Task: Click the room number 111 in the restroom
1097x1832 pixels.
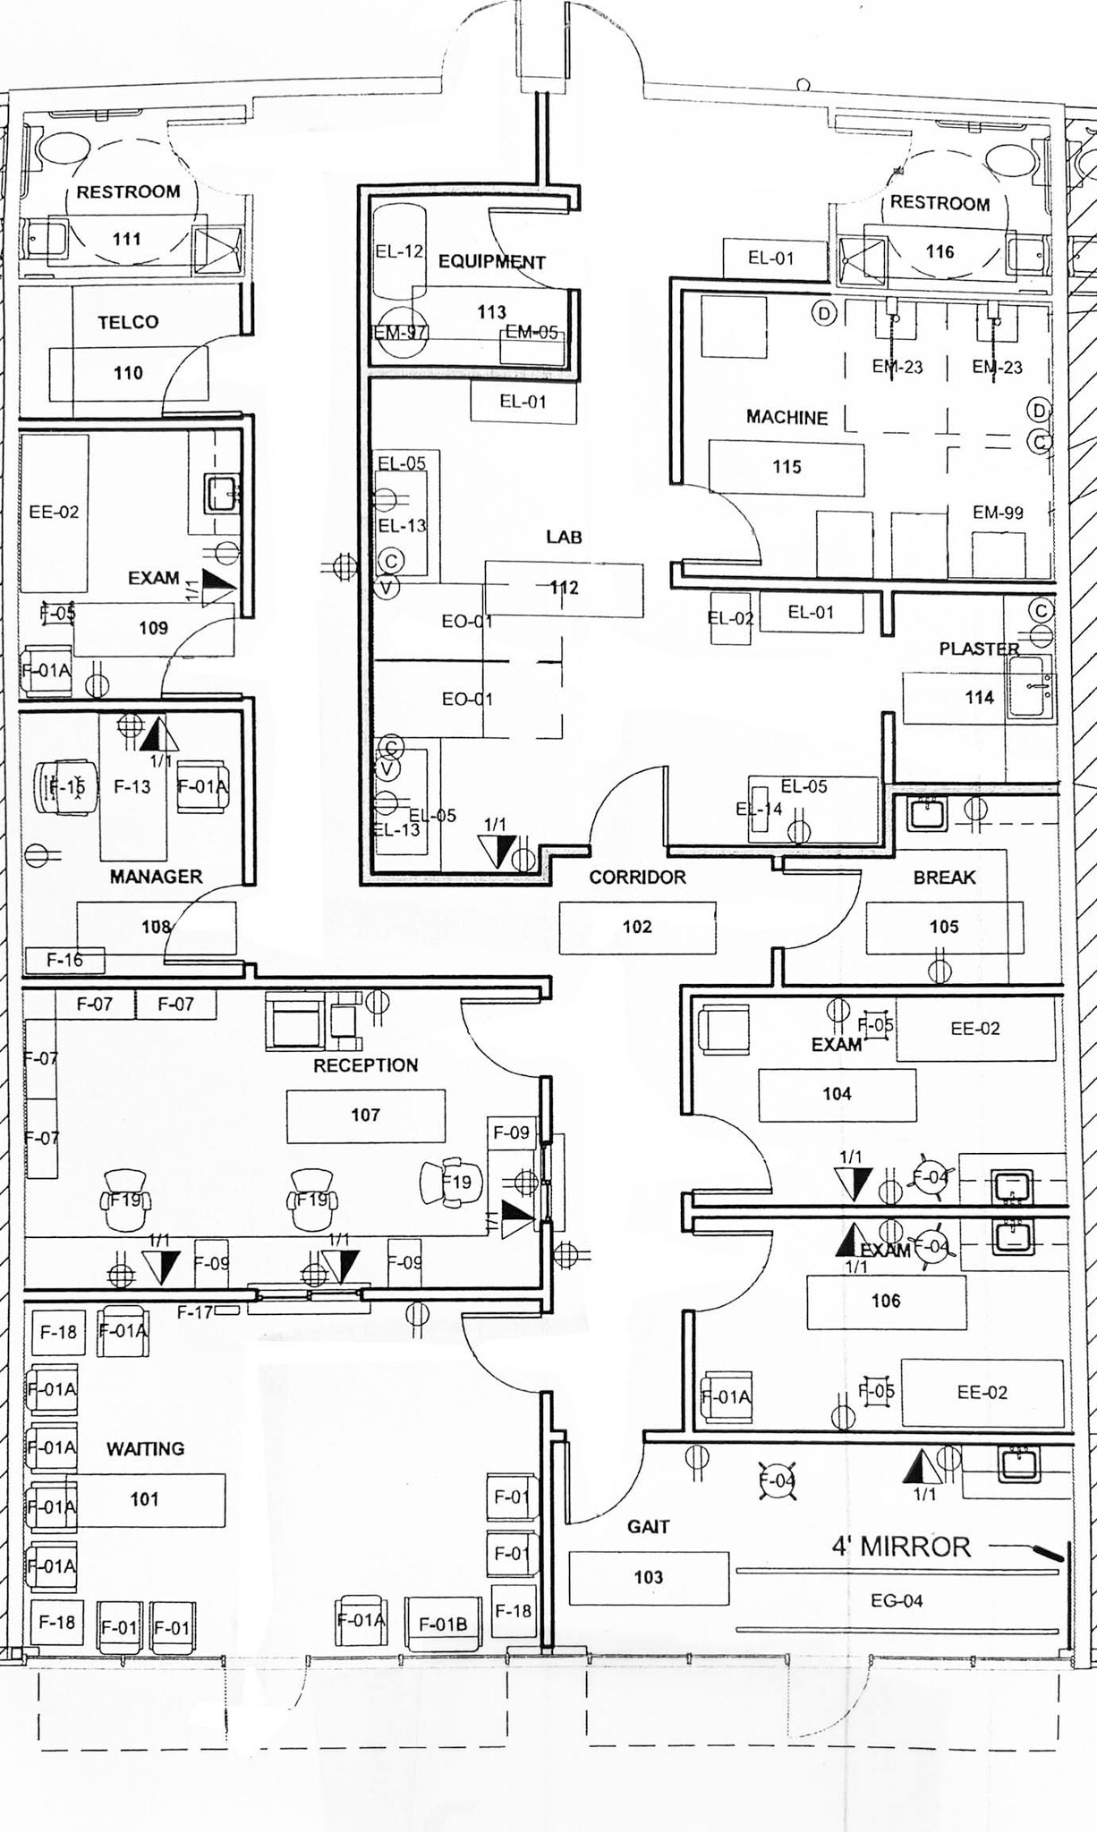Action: click(x=127, y=239)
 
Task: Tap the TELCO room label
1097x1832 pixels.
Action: click(x=128, y=322)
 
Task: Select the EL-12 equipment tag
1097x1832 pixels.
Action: click(x=399, y=251)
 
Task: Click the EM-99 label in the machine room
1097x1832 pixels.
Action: click(x=998, y=513)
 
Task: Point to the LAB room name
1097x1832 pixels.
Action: click(x=564, y=537)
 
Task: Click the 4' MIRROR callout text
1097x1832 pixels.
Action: click(x=901, y=1547)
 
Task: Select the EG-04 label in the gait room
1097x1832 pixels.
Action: click(x=897, y=1600)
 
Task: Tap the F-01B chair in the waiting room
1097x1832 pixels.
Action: click(x=443, y=1624)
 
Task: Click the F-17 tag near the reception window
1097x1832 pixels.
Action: click(x=194, y=1312)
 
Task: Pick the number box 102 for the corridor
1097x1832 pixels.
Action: click(x=637, y=927)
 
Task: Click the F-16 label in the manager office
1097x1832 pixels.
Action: click(x=64, y=960)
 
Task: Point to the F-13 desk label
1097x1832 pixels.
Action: click(x=132, y=786)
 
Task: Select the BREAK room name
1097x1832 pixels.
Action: click(x=944, y=878)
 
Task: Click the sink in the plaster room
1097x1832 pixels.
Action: click(x=1031, y=686)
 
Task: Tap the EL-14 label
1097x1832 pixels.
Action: click(x=759, y=810)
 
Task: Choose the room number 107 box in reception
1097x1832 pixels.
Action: click(x=365, y=1115)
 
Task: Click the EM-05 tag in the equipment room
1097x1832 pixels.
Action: click(x=531, y=333)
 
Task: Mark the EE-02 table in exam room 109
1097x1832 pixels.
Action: click(x=54, y=513)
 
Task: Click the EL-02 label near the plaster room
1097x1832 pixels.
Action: click(x=730, y=617)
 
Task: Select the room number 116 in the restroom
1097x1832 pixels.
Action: click(x=940, y=251)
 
